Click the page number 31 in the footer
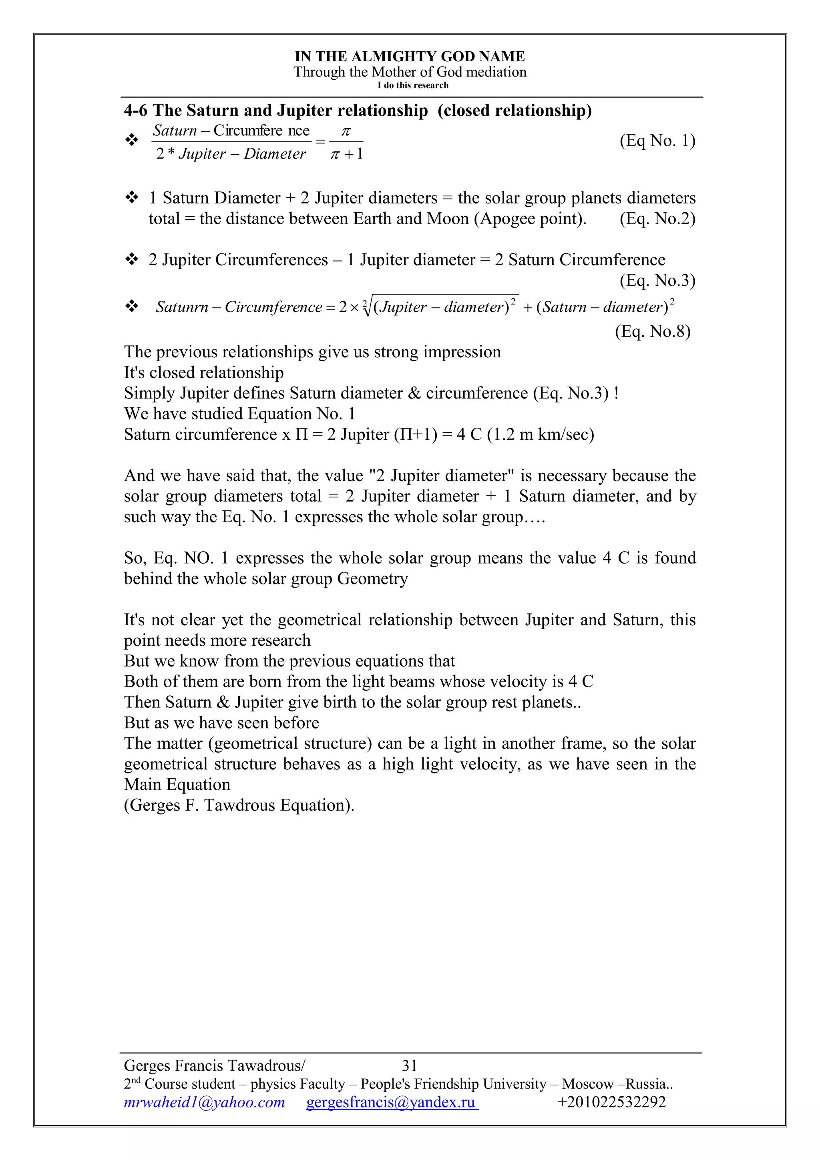click(409, 1065)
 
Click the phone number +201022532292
click(611, 1102)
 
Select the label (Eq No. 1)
click(657, 141)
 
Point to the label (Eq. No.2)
click(657, 219)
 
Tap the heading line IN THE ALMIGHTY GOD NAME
click(410, 56)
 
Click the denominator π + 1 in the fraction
click(346, 153)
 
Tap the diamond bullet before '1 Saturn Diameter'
click(132, 197)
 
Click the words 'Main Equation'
click(177, 785)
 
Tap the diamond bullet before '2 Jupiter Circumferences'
click(132, 260)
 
